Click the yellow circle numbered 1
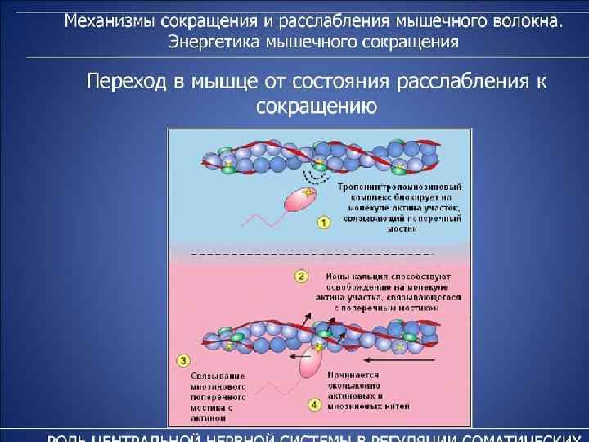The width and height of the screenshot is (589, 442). tap(324, 222)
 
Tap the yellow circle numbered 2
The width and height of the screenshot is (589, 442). tap(301, 276)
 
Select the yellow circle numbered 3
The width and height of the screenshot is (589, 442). tap(184, 359)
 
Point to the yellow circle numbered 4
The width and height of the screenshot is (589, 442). tap(313, 404)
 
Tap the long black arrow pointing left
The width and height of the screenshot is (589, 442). tap(397, 359)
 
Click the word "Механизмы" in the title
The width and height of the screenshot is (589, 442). tap(110, 20)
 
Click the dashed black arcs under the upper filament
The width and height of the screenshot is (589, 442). tap(313, 178)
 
